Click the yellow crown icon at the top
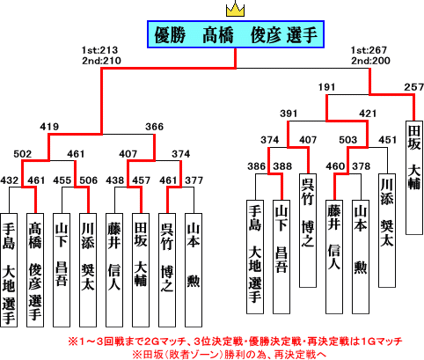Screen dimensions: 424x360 235,11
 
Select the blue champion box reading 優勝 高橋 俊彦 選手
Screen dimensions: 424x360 236,34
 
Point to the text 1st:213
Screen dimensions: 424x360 99,50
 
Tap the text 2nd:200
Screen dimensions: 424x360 370,61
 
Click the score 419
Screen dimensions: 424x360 49,127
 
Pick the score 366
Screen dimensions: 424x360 154,127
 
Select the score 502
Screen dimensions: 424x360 23,154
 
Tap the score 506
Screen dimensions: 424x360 89,180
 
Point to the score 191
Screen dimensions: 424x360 326,87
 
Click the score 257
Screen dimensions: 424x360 414,87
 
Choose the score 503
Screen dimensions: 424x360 348,140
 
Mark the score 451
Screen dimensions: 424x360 388,140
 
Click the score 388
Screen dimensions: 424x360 282,166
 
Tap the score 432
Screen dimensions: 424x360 10,180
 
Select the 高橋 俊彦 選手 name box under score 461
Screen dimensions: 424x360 35,270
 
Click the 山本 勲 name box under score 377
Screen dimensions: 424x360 194,270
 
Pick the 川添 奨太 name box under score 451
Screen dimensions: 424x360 387,231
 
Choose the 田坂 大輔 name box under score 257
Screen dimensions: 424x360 414,178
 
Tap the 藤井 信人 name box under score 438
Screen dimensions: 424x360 114,270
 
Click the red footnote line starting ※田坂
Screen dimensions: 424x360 229,355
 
